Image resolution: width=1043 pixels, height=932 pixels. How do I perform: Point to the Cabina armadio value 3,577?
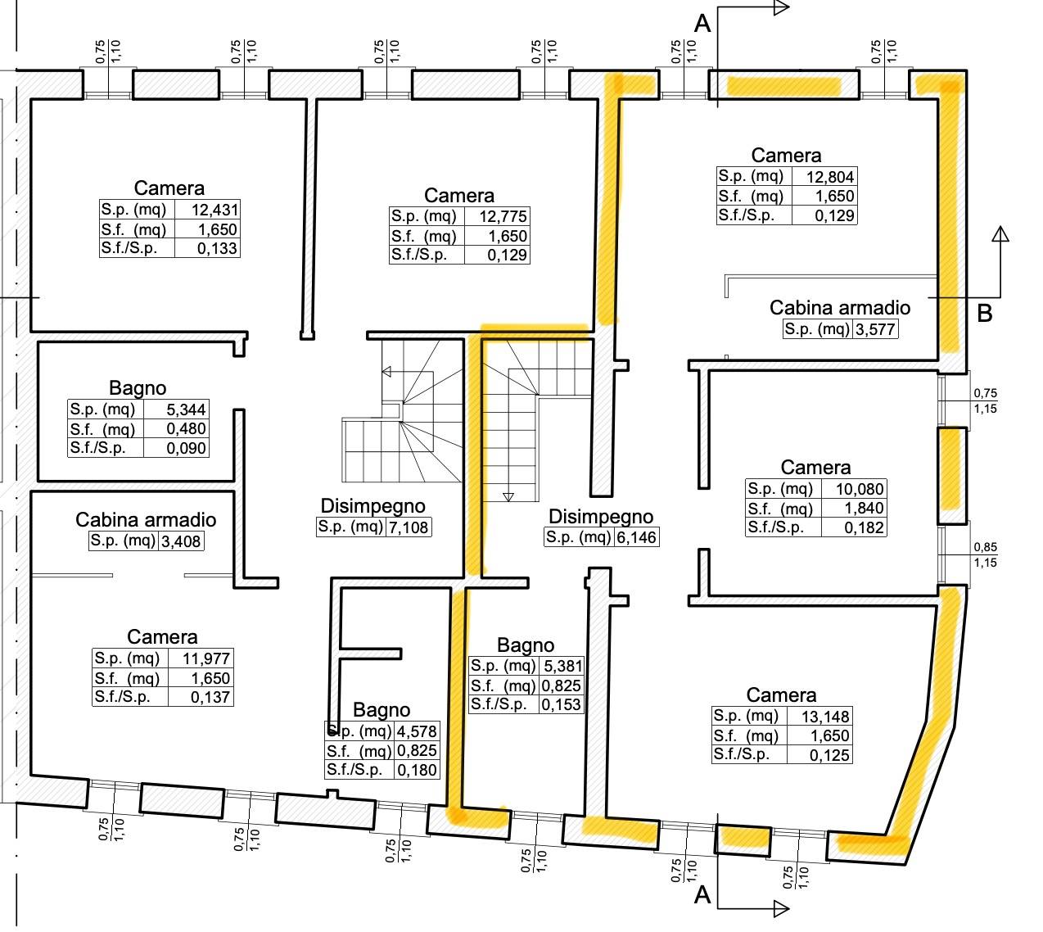(x=875, y=330)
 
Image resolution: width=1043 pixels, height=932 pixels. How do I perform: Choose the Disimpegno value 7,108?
(x=408, y=527)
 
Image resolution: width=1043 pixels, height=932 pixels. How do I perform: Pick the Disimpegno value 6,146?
(x=635, y=537)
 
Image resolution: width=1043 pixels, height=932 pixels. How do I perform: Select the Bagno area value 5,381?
(x=561, y=666)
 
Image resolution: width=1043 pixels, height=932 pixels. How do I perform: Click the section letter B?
(x=985, y=314)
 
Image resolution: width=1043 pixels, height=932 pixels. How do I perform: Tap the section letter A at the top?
(x=702, y=25)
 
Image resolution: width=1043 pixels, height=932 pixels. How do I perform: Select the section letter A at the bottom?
(x=702, y=896)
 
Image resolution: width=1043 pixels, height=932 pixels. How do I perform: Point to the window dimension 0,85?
(x=985, y=548)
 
